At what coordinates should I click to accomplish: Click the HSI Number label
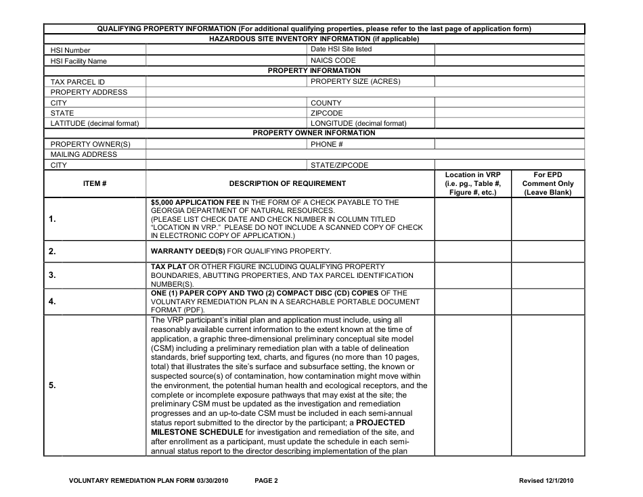click(x=70, y=50)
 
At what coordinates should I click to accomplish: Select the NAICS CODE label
click(x=333, y=60)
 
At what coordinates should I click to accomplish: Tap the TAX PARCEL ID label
click(x=78, y=82)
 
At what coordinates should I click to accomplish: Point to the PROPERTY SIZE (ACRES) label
click(x=355, y=82)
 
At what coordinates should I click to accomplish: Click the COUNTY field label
click(x=326, y=103)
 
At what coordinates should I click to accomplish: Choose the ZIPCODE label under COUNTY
click(x=327, y=113)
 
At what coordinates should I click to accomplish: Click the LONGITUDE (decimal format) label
click(x=359, y=124)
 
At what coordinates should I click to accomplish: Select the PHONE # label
click(x=327, y=144)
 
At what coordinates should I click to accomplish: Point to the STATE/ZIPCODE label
click(x=339, y=165)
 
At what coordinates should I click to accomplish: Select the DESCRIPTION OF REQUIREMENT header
click(x=288, y=183)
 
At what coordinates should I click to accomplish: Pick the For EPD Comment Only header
click(x=548, y=183)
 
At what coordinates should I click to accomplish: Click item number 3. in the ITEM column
click(x=53, y=276)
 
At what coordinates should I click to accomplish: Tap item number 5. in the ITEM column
click(x=53, y=385)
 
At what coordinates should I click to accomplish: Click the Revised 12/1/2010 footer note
click(x=546, y=481)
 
